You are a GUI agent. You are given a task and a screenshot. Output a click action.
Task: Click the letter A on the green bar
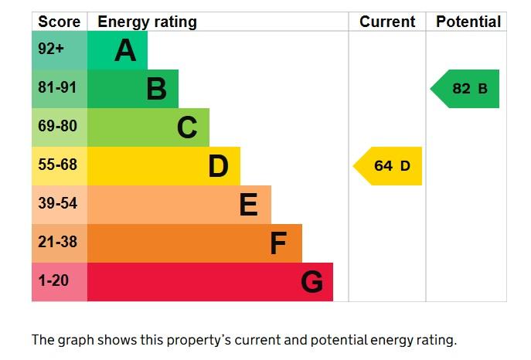coord(125,51)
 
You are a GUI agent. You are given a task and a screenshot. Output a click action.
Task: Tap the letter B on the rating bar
coord(156,90)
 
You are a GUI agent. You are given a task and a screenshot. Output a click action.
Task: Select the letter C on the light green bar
coord(187,127)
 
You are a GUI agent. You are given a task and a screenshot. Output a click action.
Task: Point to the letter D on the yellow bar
coord(218,166)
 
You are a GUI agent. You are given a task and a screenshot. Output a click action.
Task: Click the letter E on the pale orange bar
coord(248,205)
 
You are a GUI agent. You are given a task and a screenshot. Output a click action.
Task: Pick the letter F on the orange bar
coord(278,243)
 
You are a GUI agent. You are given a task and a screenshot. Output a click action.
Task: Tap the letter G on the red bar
coord(311,282)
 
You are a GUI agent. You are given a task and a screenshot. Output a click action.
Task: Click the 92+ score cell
coord(51,49)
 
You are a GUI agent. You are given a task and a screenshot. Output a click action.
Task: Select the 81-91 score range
coord(58,88)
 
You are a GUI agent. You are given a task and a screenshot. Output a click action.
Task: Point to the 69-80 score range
coord(58,126)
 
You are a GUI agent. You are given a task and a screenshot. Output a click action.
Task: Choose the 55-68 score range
coord(58,165)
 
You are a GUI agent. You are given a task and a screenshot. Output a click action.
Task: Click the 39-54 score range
coord(58,203)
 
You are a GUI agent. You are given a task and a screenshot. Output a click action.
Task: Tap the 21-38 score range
coord(58,242)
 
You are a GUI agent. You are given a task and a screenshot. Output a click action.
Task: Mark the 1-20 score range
coord(53,280)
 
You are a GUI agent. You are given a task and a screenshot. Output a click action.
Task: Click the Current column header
coord(387,22)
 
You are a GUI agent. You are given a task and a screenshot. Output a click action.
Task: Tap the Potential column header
coord(468,22)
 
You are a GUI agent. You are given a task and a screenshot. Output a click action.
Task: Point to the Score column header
coord(60,22)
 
